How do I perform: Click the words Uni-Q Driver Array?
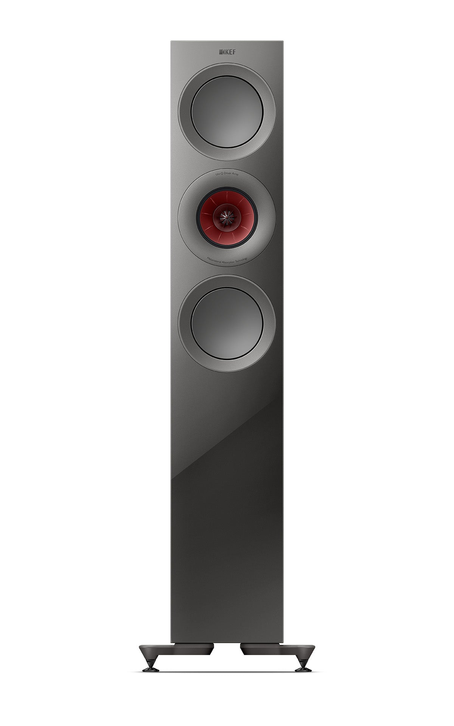coord(227,172)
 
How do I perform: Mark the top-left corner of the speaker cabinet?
coord(171,40)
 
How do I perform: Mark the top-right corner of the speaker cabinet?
coord(282,40)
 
